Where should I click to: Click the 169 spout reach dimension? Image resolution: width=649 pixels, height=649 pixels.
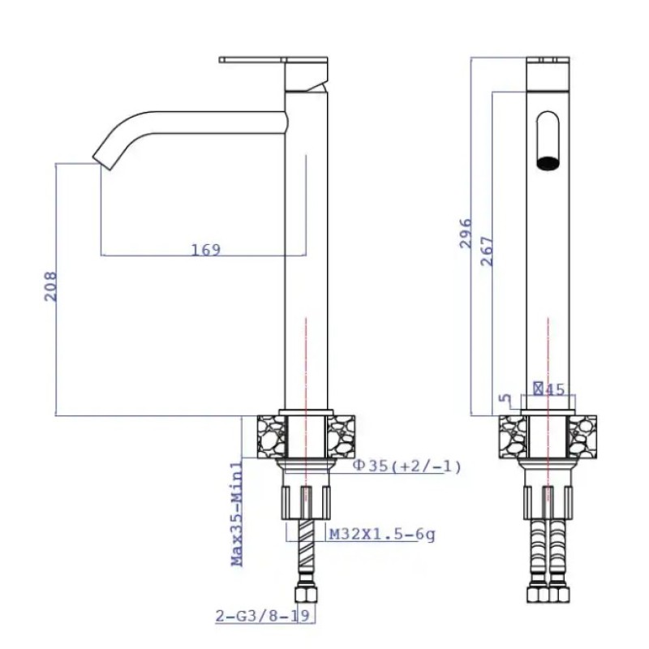coord(206,250)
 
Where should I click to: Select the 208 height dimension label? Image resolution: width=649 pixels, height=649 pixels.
coord(50,286)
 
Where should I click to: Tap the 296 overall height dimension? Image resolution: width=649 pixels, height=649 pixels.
coord(466,234)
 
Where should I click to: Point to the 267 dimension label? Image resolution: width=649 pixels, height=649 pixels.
coord(488,251)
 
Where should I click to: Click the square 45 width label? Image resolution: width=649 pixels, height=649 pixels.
coord(549,389)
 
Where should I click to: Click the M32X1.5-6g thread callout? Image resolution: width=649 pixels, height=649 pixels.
coord(382,535)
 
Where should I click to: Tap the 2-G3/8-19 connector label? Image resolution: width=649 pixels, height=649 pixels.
coord(262,616)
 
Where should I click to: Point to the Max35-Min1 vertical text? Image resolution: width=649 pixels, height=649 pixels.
coord(237,514)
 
